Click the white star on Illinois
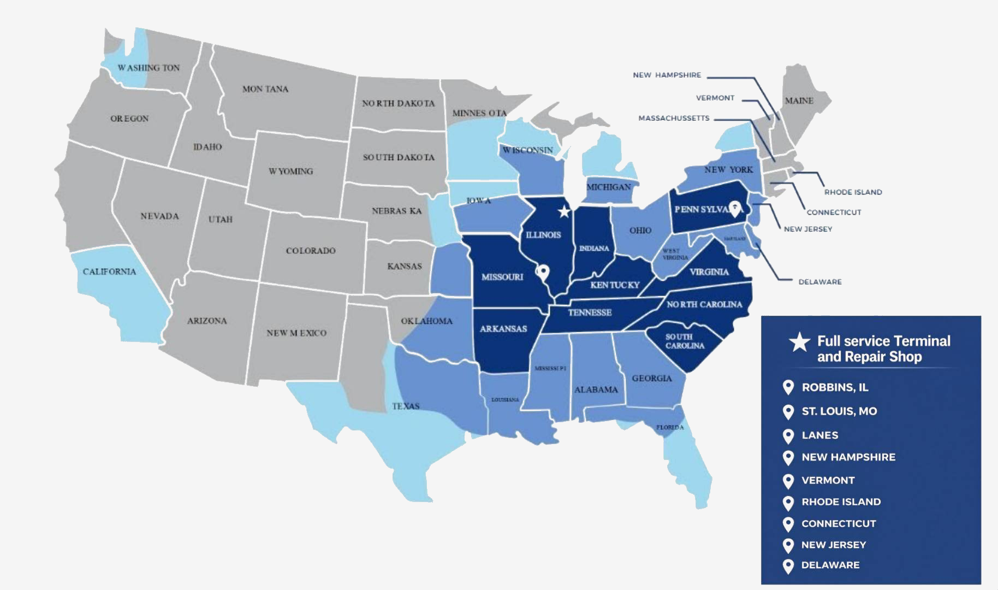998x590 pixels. (564, 211)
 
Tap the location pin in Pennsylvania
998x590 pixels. (735, 208)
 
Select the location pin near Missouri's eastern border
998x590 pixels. (543, 272)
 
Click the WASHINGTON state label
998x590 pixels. (148, 68)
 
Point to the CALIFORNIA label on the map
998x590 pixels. (109, 272)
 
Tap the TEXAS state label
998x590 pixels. (406, 406)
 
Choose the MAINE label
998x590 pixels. (799, 101)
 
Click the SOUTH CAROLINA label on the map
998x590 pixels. (684, 341)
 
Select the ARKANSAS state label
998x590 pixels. (503, 329)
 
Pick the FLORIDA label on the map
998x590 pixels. (670, 427)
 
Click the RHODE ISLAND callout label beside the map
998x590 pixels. (853, 192)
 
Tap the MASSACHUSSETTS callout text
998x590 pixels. (674, 118)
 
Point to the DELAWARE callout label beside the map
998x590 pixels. (819, 282)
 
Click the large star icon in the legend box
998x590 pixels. (799, 343)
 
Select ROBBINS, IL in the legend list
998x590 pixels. (835, 387)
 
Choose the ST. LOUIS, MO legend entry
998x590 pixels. (839, 411)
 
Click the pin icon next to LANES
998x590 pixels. (788, 436)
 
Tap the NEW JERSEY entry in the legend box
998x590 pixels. (833, 545)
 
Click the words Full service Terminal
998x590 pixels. (883, 341)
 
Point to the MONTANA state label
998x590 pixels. (265, 89)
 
